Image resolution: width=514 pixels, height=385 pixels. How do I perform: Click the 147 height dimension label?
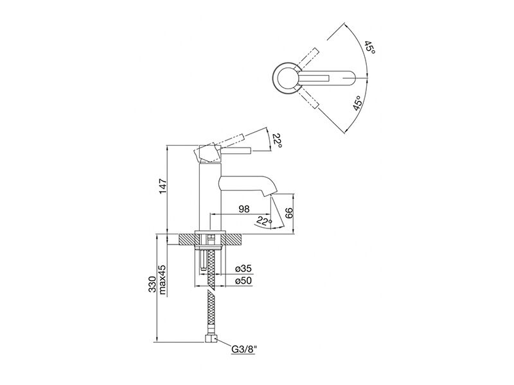[163, 186]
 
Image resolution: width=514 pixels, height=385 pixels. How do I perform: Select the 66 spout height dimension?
[288, 213]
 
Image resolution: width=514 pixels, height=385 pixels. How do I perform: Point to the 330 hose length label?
[153, 284]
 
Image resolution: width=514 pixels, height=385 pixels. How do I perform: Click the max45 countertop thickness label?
[163, 279]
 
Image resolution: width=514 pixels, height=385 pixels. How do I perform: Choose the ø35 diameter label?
[244, 269]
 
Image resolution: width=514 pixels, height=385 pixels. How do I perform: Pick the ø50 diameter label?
[244, 280]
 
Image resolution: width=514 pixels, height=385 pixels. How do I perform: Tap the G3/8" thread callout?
[244, 350]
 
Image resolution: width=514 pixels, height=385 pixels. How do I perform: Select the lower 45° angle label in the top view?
[358, 103]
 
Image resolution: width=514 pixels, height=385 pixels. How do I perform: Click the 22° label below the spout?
[264, 221]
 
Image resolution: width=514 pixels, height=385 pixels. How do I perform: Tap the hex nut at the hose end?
[211, 338]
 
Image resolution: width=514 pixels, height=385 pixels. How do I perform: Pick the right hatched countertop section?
[232, 239]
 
